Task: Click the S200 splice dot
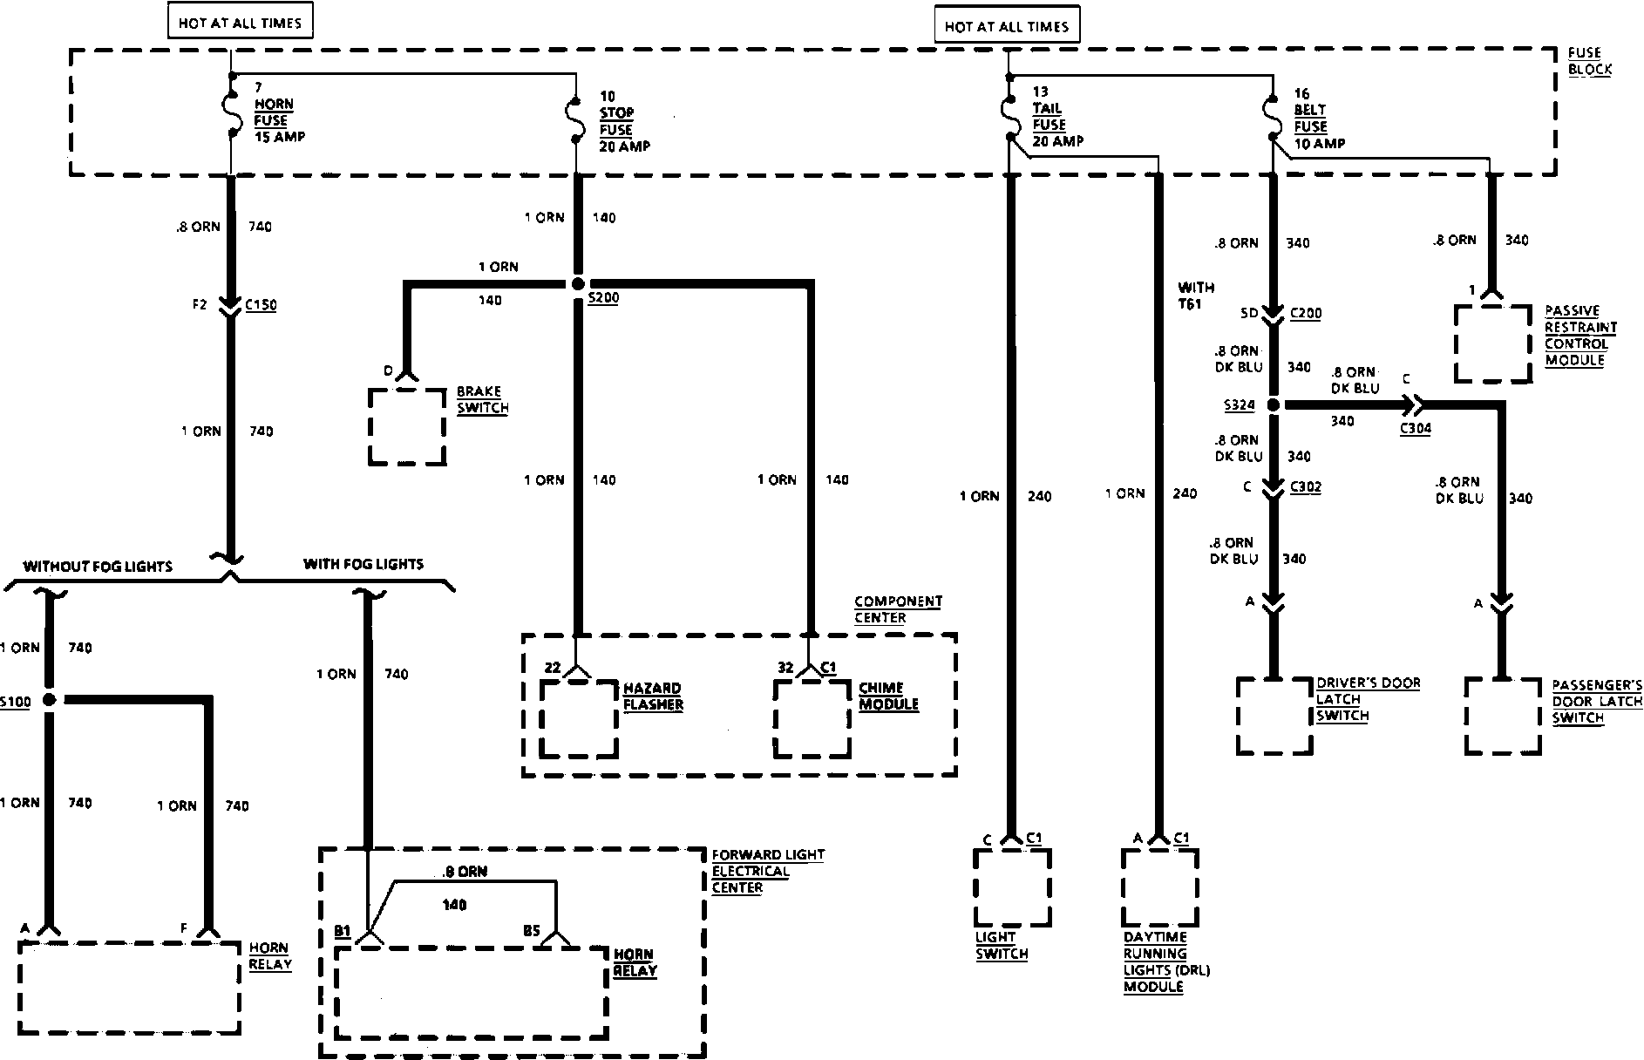pos(577,283)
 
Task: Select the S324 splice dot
pos(1273,405)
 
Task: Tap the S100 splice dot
pos(49,699)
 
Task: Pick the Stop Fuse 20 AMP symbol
pos(575,122)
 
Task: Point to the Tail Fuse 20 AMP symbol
pos(1009,113)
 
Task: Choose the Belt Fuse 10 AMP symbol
pos(1272,116)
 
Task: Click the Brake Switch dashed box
pos(407,426)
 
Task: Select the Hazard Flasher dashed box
pos(579,717)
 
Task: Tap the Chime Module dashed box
pos(812,717)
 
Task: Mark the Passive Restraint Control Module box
pos(1492,343)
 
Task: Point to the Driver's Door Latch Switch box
pos(1274,715)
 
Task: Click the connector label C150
pos(261,305)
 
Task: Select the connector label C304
pos(1415,428)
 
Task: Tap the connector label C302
pos(1305,487)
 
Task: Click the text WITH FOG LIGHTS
pos(363,564)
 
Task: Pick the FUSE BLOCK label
pos(1589,61)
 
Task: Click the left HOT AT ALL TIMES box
pos(240,24)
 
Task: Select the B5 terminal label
pos(532,930)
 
